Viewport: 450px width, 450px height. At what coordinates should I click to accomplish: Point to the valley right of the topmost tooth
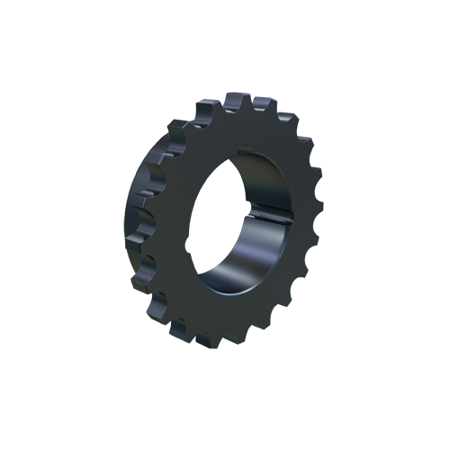point(252,111)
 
